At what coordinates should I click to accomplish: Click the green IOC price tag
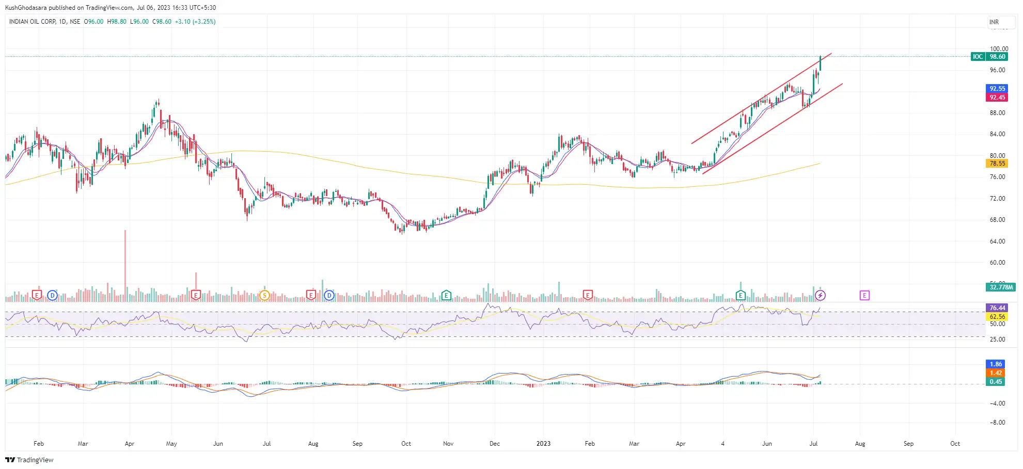pos(978,57)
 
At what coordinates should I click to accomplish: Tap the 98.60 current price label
pos(997,57)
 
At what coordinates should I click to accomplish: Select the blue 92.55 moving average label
pos(997,89)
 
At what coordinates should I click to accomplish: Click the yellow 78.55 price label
pos(997,164)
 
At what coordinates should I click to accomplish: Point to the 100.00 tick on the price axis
pos(999,49)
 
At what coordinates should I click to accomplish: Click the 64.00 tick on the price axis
pos(997,241)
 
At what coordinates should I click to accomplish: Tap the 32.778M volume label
pos(1001,287)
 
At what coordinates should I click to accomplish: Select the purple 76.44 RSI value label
pos(997,308)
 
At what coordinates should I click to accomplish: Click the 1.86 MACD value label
pos(996,364)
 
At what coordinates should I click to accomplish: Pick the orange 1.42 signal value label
pos(996,373)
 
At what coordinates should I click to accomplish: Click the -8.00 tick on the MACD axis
pos(997,423)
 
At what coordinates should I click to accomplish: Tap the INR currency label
pos(994,22)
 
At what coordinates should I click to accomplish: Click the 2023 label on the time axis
pos(543,444)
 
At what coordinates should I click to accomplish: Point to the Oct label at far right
pos(955,444)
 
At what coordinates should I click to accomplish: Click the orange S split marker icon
pos(264,296)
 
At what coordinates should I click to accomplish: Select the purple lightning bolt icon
pos(820,296)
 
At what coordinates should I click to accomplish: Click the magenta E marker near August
pos(864,296)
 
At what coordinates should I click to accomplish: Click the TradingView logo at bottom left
pos(29,460)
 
